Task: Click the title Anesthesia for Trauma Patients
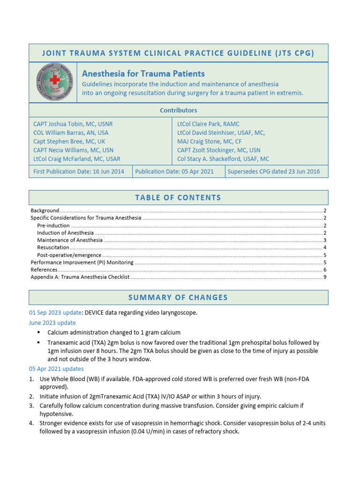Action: pyautogui.click(x=143, y=74)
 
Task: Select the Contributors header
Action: pyautogui.click(x=179, y=110)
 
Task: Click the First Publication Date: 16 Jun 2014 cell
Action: pyautogui.click(x=79, y=172)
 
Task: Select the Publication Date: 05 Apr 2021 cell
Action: pyautogui.click(x=174, y=172)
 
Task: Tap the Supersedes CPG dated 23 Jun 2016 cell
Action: pyautogui.click(x=273, y=172)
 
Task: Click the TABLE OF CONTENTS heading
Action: pyautogui.click(x=179, y=198)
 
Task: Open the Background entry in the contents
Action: pyautogui.click(x=45, y=211)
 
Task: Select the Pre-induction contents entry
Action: pyautogui.click(x=54, y=225)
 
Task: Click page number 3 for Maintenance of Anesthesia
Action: pyautogui.click(x=325, y=240)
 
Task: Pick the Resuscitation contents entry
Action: pyautogui.click(x=53, y=247)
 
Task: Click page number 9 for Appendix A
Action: pyautogui.click(x=325, y=277)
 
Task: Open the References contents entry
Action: pyautogui.click(x=44, y=270)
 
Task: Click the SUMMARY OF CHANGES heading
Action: pyautogui.click(x=179, y=298)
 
